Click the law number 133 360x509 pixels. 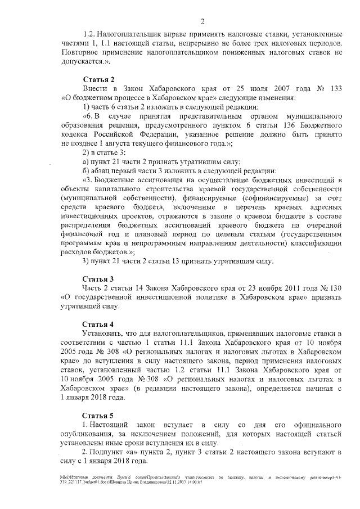[334, 89]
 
